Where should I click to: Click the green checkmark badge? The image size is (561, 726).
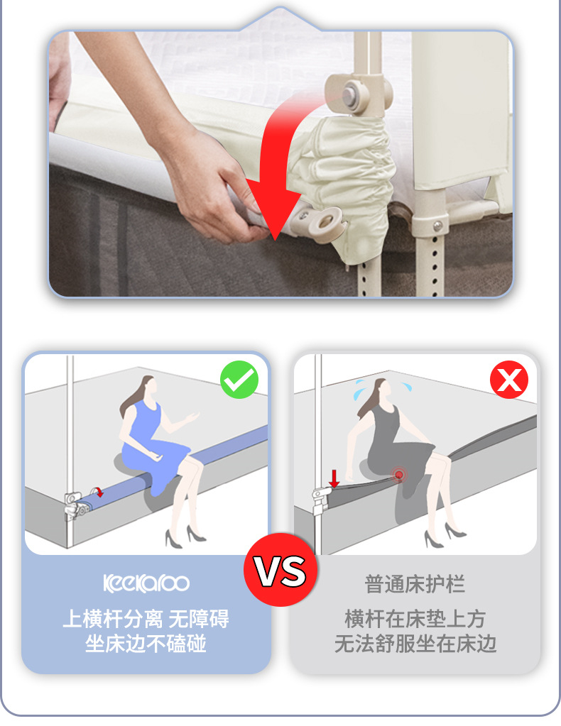239,380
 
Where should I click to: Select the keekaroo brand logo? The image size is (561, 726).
146,583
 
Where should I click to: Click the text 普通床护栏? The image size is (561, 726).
415,585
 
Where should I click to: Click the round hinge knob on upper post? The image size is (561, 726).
349,92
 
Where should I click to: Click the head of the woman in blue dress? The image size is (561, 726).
146,387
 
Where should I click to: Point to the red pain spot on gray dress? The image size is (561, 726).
399,475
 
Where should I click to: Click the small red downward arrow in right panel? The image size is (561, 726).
334,479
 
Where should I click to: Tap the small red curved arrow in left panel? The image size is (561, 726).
99,491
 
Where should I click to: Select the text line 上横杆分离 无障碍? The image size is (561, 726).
146,619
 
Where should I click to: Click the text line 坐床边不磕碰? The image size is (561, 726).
146,644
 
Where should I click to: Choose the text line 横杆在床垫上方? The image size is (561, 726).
415,619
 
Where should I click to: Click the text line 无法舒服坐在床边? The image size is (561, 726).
415,644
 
